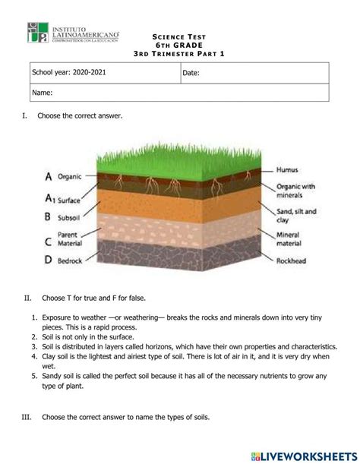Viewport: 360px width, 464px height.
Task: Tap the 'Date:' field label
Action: (x=192, y=73)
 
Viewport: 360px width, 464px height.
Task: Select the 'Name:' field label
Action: (x=42, y=93)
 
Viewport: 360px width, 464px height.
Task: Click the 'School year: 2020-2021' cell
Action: (x=69, y=73)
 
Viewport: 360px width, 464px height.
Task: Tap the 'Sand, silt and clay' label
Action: (x=296, y=216)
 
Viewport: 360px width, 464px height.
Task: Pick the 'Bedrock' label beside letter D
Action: (x=73, y=260)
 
